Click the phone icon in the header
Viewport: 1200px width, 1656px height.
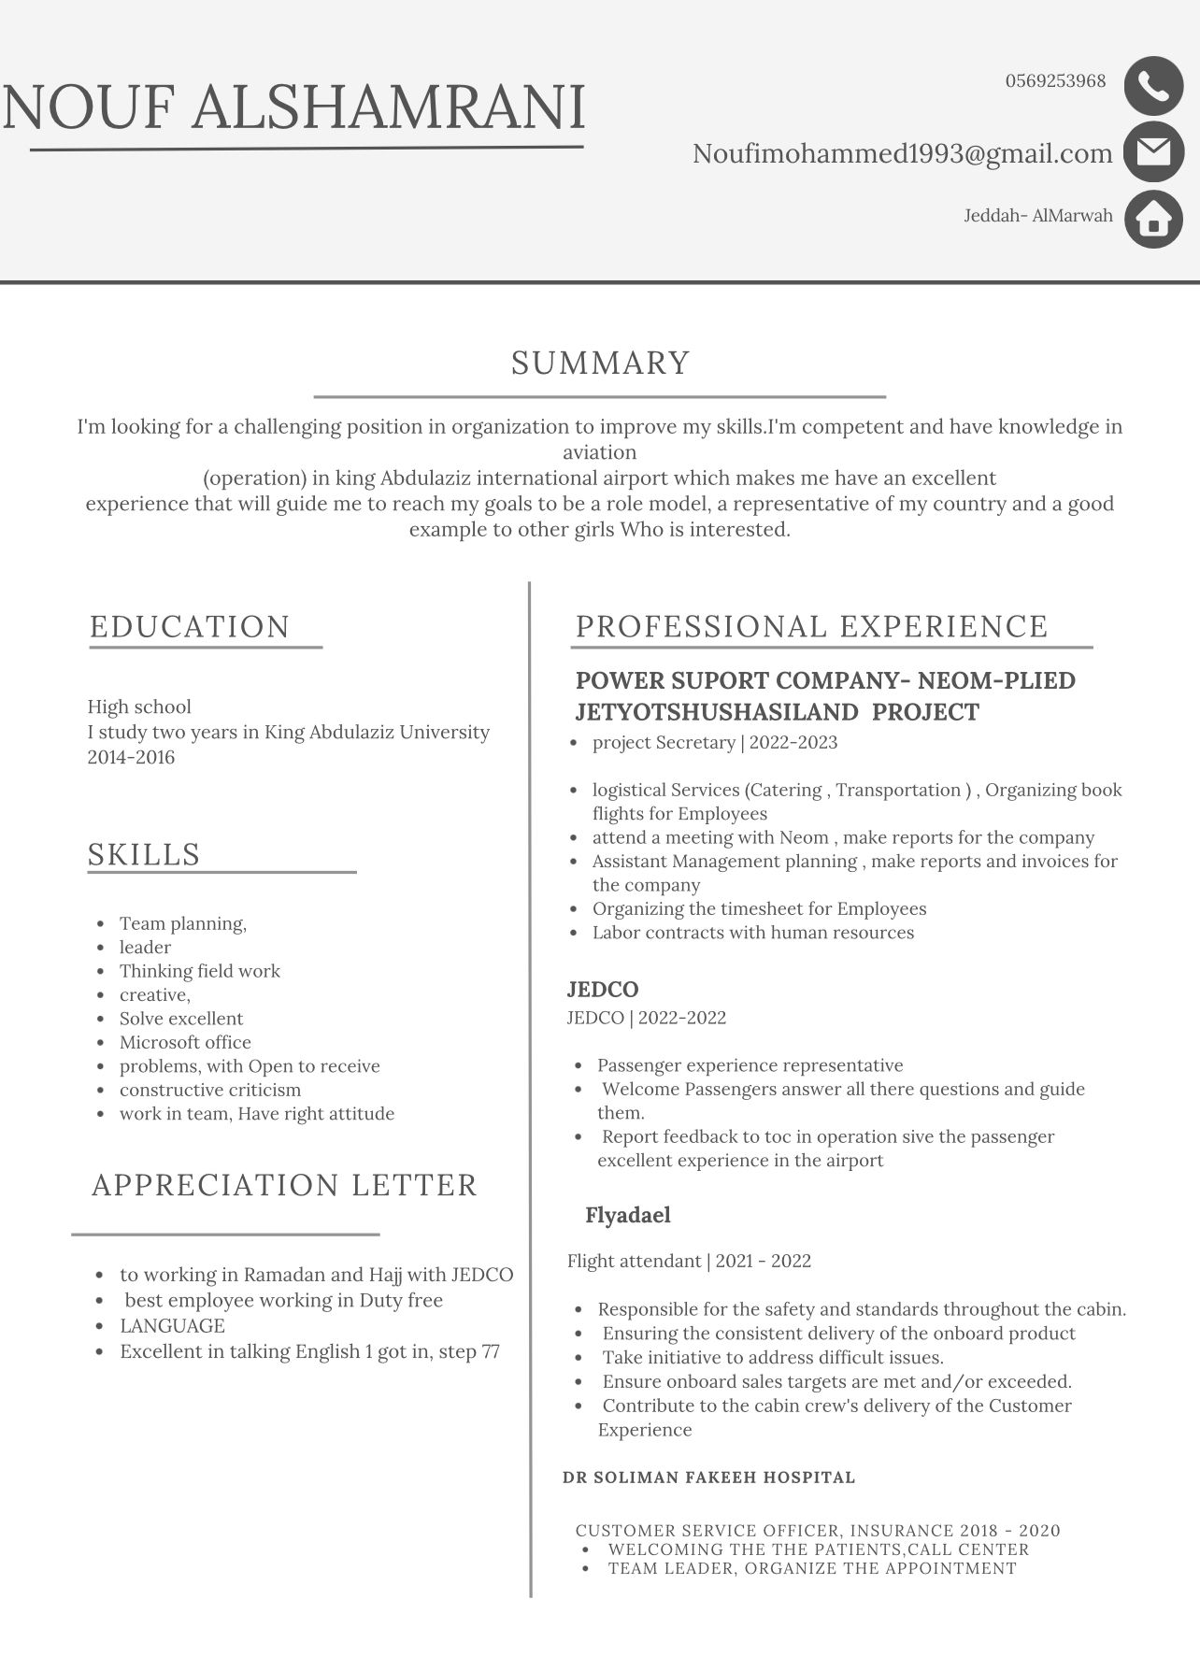click(x=1153, y=85)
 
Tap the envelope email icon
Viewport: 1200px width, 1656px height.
click(x=1153, y=151)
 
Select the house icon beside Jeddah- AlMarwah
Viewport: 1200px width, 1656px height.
click(x=1153, y=219)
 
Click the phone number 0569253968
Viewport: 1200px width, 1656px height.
click(x=1055, y=81)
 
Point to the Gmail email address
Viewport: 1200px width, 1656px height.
click(x=902, y=153)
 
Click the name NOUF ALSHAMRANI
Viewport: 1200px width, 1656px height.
click(x=294, y=107)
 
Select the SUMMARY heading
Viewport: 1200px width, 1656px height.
click(x=600, y=363)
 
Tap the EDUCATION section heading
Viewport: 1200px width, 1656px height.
click(x=190, y=626)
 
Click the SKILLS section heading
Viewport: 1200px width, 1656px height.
click(x=144, y=854)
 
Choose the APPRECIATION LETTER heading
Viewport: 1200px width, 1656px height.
click(x=284, y=1184)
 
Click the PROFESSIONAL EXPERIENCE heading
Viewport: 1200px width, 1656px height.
click(x=811, y=626)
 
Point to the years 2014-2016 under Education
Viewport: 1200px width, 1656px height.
click(x=131, y=757)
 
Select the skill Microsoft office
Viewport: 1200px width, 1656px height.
click(x=185, y=1042)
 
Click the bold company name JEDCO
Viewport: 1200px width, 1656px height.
click(x=602, y=989)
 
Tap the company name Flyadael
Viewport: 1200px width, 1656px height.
click(x=627, y=1215)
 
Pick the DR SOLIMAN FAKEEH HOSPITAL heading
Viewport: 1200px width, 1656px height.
click(x=708, y=1478)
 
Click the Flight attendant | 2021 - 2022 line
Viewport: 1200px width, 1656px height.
click(x=689, y=1261)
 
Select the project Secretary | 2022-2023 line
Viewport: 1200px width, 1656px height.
click(x=714, y=742)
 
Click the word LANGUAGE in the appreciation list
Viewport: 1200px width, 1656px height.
click(x=172, y=1325)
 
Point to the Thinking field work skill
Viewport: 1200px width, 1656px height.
click(x=199, y=971)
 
